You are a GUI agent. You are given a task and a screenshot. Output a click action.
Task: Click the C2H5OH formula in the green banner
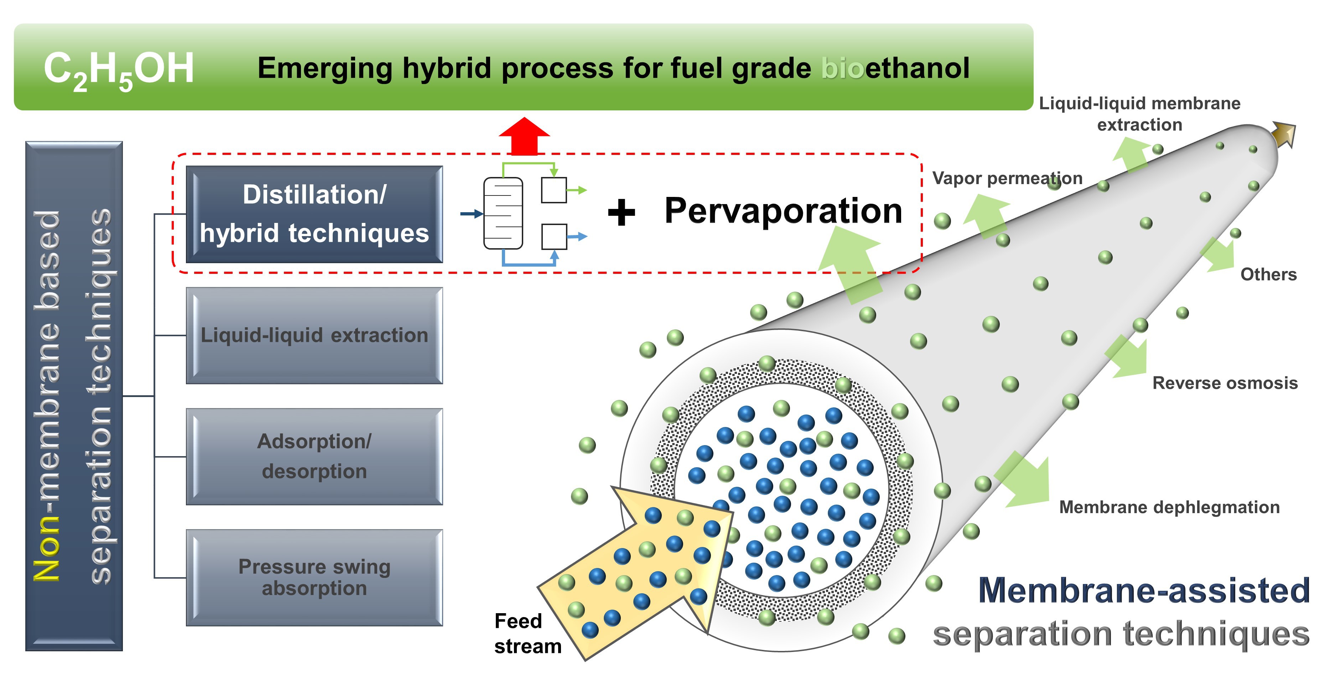[118, 70]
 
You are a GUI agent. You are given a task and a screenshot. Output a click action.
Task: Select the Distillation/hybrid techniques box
[314, 214]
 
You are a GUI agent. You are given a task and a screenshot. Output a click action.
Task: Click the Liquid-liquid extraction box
[314, 335]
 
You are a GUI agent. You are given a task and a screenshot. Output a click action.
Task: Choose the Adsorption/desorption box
[314, 456]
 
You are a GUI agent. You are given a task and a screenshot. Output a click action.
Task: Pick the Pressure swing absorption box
[314, 577]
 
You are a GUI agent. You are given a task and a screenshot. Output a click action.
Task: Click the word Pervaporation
[783, 211]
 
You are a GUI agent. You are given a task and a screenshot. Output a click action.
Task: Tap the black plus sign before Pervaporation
[621, 212]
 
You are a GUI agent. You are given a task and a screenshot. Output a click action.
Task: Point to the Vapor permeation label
[1007, 178]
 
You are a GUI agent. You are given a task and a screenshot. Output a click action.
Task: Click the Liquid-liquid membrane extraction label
[1139, 114]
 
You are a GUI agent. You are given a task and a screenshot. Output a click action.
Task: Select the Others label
[1268, 275]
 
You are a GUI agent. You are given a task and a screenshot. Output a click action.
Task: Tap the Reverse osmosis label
[1225, 383]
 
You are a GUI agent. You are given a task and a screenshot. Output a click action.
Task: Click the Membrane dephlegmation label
[1169, 507]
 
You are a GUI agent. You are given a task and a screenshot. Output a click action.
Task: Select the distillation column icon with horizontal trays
[503, 213]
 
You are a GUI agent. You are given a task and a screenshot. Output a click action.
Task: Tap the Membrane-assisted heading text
[1143, 590]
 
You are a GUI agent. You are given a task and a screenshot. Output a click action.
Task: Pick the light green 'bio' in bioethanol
[842, 68]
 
